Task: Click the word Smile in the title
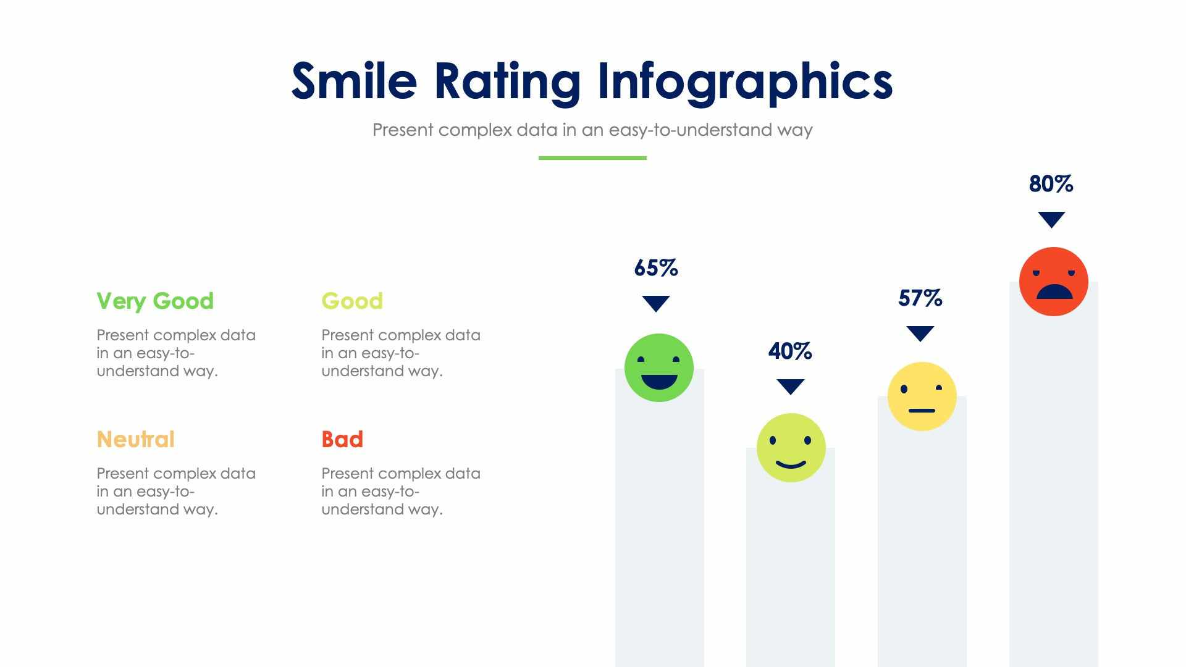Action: (354, 81)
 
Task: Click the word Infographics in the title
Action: (745, 82)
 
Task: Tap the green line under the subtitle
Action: (592, 158)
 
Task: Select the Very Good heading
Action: (155, 301)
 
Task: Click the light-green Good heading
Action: (352, 301)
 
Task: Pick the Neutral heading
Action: (135, 439)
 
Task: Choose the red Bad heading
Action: (342, 439)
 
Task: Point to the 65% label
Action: (656, 268)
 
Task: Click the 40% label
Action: (790, 351)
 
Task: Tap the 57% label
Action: (920, 298)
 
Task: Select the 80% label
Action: (1051, 184)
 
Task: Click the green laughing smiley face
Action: (658, 367)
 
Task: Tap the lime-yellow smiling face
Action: (791, 448)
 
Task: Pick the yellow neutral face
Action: (922, 396)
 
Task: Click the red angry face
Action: (1053, 282)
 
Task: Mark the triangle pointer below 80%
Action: (1051, 219)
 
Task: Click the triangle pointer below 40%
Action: (790, 386)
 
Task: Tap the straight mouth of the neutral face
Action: (922, 411)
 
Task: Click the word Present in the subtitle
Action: (402, 130)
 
